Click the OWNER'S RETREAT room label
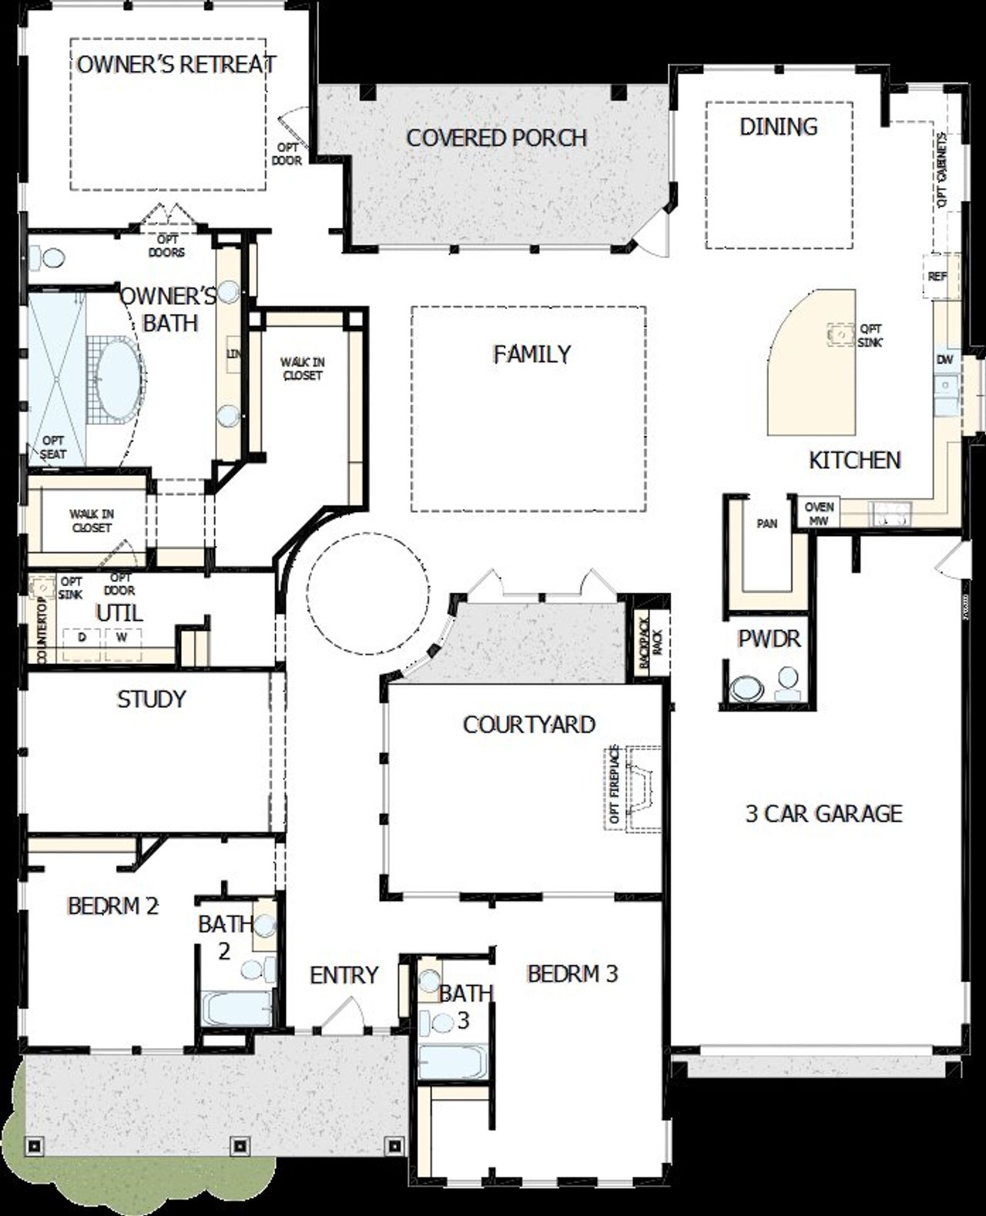[176, 65]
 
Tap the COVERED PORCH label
[496, 139]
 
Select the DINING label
[778, 127]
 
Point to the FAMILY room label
[532, 354]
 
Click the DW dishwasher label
[944, 360]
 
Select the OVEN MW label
[819, 513]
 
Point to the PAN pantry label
[766, 524]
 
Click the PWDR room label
[768, 638]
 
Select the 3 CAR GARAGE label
[823, 814]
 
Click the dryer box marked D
[82, 638]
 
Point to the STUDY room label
[151, 699]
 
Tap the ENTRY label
[344, 976]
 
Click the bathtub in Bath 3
[452, 1061]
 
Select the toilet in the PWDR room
[744, 688]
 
